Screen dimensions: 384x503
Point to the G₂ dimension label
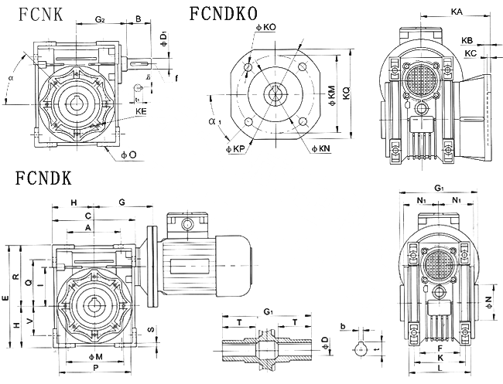point(101,18)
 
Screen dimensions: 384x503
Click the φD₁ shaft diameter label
point(162,36)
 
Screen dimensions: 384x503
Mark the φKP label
point(236,147)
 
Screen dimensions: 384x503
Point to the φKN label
point(322,147)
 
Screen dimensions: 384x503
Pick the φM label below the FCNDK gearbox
point(96,355)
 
